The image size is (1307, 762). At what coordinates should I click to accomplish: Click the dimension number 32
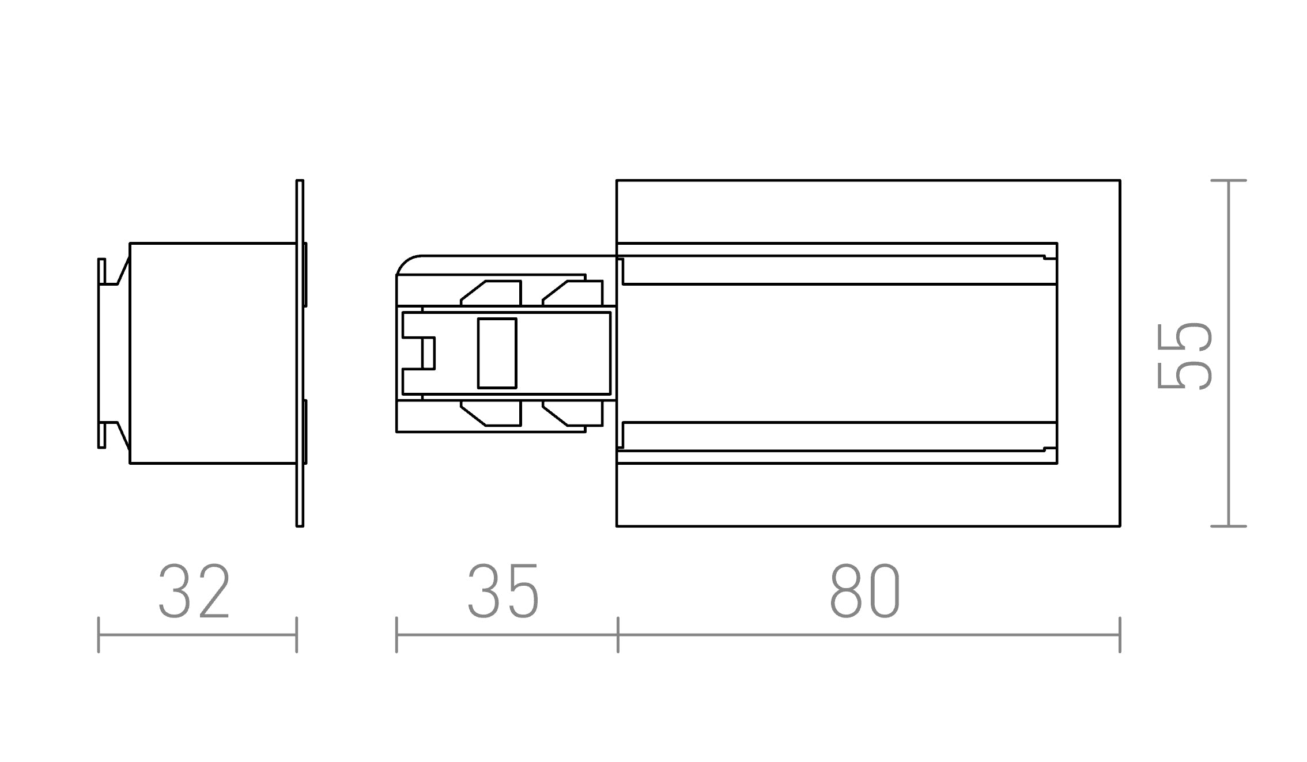[x=194, y=592]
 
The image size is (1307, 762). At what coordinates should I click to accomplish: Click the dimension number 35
[x=503, y=592]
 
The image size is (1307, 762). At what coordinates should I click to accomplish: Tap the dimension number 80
[x=864, y=592]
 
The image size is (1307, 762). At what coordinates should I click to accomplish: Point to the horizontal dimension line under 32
[x=197, y=635]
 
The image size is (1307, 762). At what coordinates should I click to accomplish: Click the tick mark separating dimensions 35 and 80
[x=618, y=635]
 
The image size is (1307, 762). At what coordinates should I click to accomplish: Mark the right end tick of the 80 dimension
[x=1120, y=635]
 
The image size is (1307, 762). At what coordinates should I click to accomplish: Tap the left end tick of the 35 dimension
[x=396, y=635]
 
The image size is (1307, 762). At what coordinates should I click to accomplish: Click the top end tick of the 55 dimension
[x=1229, y=181]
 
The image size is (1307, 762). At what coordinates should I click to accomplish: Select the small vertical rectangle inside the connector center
[x=497, y=353]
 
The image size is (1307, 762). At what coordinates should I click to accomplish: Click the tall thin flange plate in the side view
[x=300, y=353]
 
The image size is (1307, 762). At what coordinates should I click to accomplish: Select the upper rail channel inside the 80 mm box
[x=836, y=270]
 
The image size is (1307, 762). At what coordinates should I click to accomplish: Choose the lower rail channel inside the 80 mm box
[x=836, y=437]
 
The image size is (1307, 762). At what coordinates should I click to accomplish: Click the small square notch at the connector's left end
[x=428, y=353]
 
